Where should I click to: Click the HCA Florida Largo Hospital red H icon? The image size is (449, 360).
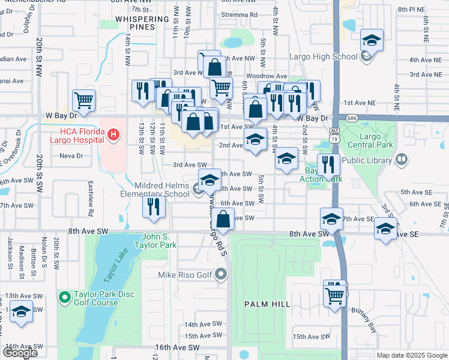point(113,135)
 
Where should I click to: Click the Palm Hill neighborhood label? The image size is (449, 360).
point(267,304)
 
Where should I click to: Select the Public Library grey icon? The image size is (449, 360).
point(402,160)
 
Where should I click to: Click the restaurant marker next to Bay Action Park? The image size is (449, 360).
point(328,164)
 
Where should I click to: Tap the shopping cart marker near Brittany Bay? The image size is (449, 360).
point(334,293)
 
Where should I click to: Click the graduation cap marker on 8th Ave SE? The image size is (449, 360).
point(384,229)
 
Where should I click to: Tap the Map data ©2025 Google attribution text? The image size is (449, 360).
point(411,355)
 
